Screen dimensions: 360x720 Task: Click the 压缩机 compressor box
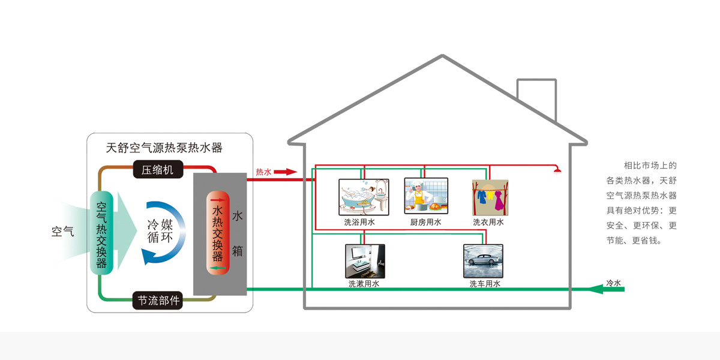click(x=157, y=170)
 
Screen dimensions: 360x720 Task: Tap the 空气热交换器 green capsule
click(x=101, y=233)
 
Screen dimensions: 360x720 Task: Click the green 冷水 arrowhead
click(x=595, y=289)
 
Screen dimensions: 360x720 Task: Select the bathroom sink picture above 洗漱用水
click(x=365, y=261)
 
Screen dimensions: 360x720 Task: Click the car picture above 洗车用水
click(x=483, y=260)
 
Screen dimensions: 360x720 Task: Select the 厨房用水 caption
click(x=426, y=222)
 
